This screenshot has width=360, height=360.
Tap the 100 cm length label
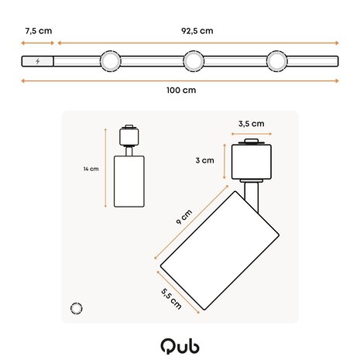(180, 90)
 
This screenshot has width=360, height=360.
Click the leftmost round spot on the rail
(110, 61)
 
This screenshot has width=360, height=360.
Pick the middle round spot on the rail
(194, 61)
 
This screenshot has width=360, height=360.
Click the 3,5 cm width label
(252, 122)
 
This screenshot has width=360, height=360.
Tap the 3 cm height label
(204, 160)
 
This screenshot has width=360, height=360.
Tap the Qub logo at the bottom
(179, 343)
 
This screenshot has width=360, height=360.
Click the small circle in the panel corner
(76, 308)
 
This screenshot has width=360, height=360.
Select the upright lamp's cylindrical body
(128, 181)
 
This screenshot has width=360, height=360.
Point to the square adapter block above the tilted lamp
(249, 161)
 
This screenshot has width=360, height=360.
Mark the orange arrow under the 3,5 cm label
(249, 132)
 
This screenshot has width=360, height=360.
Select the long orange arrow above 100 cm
(180, 81)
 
